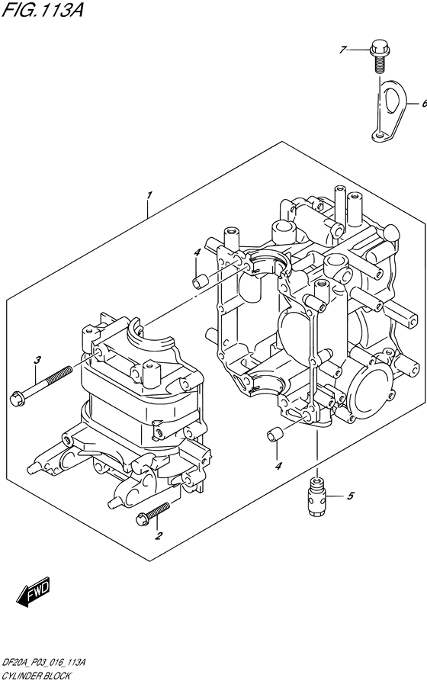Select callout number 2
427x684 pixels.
coord(159,535)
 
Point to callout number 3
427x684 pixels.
coord(36,359)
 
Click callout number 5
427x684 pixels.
coord(350,497)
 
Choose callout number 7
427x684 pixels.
coord(343,50)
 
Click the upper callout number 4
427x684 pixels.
coord(196,252)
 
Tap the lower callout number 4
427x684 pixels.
coord(278,466)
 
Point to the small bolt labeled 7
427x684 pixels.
coord(377,54)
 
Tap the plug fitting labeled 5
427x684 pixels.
coord(315,496)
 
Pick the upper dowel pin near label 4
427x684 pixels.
coord(201,281)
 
